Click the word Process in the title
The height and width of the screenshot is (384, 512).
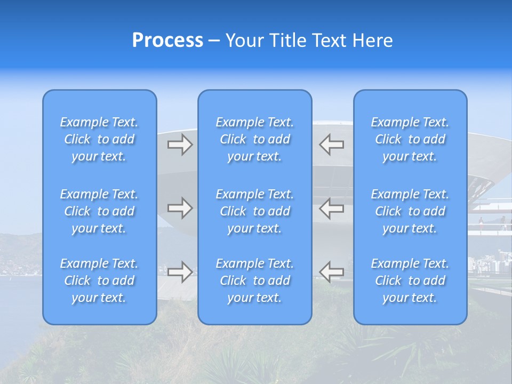point(167,41)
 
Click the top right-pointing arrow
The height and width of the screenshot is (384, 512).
point(180,145)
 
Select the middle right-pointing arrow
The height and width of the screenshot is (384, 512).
point(180,208)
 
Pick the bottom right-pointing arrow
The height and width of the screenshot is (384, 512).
point(180,271)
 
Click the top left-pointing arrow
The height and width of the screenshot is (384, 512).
point(332,145)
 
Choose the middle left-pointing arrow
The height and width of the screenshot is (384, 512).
point(332,208)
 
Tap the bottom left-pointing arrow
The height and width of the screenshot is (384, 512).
point(332,271)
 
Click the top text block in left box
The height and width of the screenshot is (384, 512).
point(99,139)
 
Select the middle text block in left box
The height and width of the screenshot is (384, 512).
point(99,211)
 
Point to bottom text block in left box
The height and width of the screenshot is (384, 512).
point(99,281)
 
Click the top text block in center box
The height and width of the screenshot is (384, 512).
point(254,139)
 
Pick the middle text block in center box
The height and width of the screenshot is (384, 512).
point(254,211)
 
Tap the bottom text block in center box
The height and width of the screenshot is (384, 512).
point(254,281)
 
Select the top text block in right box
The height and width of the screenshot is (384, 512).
point(410,139)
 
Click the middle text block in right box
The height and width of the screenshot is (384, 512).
point(410,211)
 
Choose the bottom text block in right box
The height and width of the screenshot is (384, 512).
point(410,281)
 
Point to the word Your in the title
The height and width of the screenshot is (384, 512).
point(245,41)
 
